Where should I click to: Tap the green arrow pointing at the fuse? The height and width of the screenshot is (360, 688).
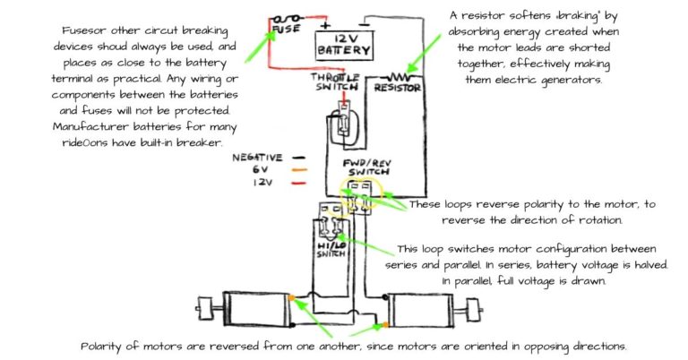(x=267, y=40)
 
